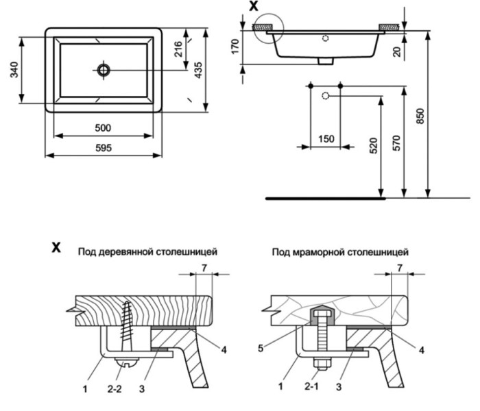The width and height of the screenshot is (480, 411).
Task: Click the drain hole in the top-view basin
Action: (x=104, y=69)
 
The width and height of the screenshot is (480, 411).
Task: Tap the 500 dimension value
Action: (x=104, y=127)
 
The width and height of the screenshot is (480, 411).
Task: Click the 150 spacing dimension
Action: (x=326, y=139)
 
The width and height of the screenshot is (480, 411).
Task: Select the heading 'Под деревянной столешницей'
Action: (x=148, y=252)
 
